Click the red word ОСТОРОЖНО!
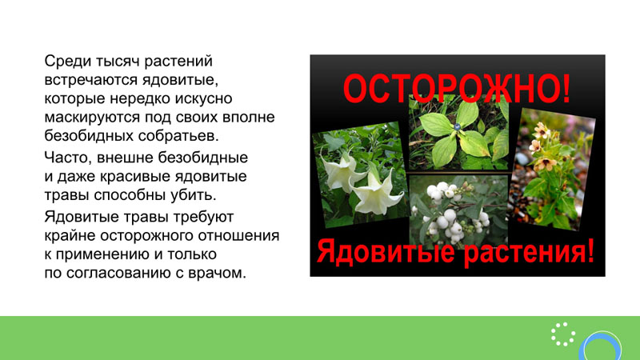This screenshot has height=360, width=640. tap(457, 88)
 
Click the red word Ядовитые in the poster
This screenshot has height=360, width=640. tap(386, 251)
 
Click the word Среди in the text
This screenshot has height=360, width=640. tap(67, 62)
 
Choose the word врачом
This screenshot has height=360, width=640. tap(217, 273)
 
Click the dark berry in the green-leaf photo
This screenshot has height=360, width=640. tap(457, 127)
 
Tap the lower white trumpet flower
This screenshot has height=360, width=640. tap(375, 192)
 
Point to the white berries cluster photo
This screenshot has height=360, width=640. tap(458, 211)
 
